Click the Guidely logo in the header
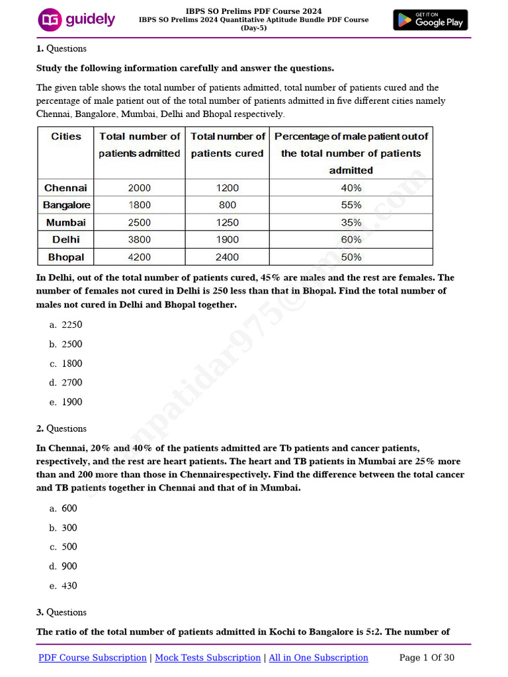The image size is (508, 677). tap(76, 20)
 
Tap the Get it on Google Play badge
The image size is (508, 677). tap(430, 20)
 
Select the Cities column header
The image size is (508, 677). tap(66, 136)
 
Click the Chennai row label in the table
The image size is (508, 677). tap(66, 188)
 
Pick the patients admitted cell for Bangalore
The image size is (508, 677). tap(140, 205)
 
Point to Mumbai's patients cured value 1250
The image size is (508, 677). tap(227, 222)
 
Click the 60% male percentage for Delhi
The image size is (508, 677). tap(351, 239)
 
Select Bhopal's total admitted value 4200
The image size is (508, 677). tap(140, 257)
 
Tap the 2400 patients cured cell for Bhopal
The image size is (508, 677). tap(227, 257)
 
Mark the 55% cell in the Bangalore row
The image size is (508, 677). tap(351, 205)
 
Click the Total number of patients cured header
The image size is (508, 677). tap(228, 145)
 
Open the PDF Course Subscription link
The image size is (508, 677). tap(93, 657)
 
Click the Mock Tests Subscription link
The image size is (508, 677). tap(207, 657)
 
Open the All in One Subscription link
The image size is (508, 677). tap(317, 657)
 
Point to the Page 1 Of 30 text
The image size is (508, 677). tap(427, 657)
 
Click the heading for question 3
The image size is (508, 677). tap(62, 612)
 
